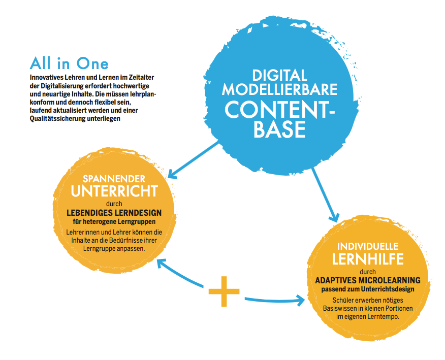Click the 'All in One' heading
[69, 63]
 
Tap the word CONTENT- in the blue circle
[280, 110]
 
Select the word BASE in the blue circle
[279, 129]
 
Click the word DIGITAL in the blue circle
[279, 76]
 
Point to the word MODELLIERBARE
[279, 89]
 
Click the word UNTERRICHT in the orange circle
[114, 191]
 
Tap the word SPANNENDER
[114, 179]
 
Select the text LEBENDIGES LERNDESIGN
[114, 213]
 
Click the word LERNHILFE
[368, 259]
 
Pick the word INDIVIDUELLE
[368, 246]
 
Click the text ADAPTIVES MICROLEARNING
[368, 280]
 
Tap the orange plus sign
[224, 291]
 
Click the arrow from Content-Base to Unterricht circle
[194, 160]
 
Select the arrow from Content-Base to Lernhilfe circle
[325, 194]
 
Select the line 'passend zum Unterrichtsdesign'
[368, 289]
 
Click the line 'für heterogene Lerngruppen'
[114, 221]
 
